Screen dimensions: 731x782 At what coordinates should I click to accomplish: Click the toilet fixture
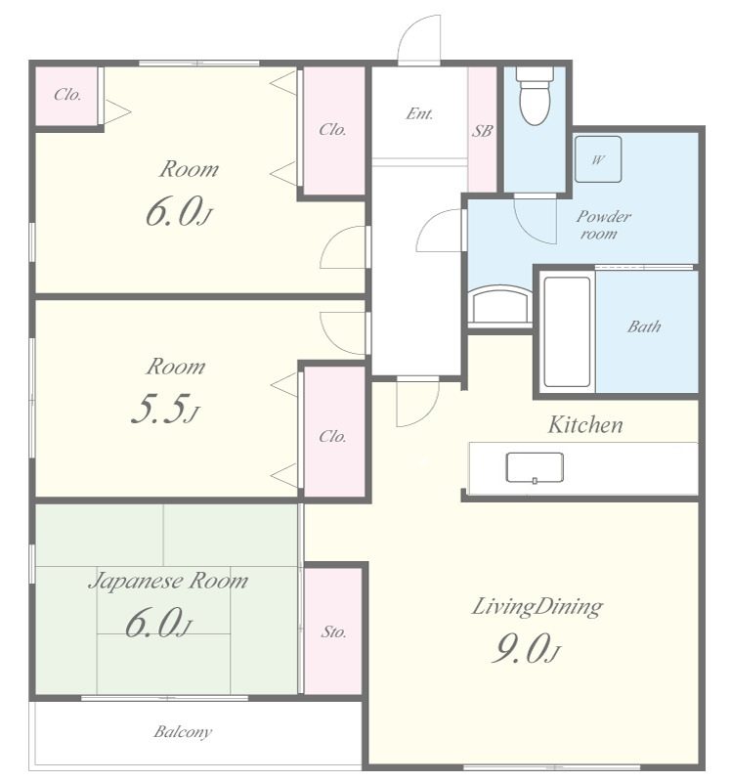[x=535, y=96]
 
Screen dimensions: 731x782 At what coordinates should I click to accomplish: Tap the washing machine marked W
[x=598, y=159]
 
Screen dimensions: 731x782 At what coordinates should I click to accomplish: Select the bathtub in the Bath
[x=567, y=331]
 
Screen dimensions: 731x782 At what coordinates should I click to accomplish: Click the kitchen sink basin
[x=535, y=468]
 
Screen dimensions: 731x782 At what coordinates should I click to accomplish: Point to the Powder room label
[x=603, y=225]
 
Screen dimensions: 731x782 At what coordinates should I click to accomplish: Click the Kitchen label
[x=585, y=425]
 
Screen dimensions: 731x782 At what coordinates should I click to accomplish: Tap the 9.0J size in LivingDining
[x=526, y=648]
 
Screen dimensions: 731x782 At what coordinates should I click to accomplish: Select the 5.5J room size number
[x=165, y=409]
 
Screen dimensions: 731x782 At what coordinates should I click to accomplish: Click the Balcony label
[x=183, y=731]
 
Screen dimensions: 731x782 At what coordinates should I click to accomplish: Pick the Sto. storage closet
[x=333, y=630]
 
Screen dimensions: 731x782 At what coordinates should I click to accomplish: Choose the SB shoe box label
[x=482, y=131]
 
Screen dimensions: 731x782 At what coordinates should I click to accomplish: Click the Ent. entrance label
[x=419, y=113]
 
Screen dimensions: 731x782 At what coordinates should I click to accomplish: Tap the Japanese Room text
[x=168, y=581]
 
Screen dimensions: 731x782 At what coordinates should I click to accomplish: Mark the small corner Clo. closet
[x=66, y=95]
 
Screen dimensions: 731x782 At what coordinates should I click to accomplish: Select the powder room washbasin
[x=500, y=305]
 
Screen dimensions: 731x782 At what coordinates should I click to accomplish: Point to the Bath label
[x=644, y=326]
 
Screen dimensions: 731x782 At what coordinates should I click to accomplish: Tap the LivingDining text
[x=537, y=607]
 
